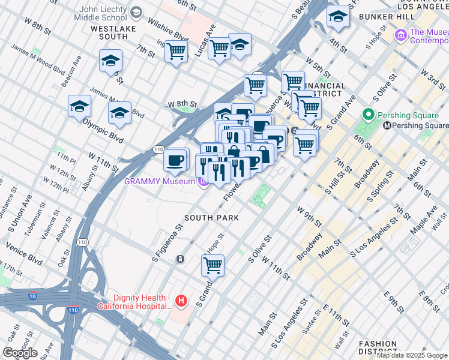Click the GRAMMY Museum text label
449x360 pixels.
[x=160, y=181]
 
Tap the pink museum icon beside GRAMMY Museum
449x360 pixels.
[x=203, y=181]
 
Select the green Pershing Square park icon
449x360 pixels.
[x=369, y=115]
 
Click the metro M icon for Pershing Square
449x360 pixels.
[x=387, y=126]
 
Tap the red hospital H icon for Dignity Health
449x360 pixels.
[x=181, y=300]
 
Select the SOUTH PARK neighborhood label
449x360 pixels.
[x=211, y=218]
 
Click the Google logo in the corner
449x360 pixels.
[x=20, y=353]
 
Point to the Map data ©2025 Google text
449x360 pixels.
[x=412, y=355]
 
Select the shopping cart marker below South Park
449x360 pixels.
[x=212, y=264]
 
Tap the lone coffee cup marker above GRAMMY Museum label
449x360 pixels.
[x=175, y=160]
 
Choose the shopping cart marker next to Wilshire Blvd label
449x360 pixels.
[x=176, y=52]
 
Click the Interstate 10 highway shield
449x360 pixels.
[x=32, y=295]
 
